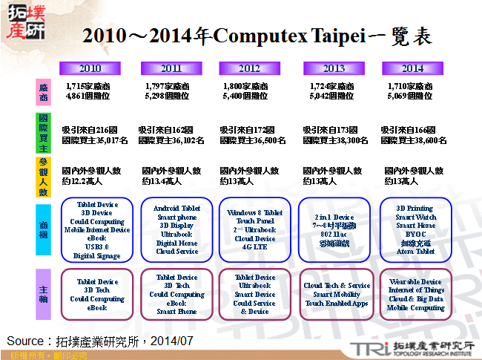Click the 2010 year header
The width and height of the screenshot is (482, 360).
pyautogui.click(x=90, y=68)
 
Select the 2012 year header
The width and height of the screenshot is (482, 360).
pyautogui.click(x=249, y=68)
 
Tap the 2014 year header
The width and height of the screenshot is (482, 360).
pyautogui.click(x=412, y=68)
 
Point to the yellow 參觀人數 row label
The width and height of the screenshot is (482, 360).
pyautogui.click(x=44, y=176)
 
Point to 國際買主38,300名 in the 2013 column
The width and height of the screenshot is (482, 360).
pyautogui.click(x=335, y=140)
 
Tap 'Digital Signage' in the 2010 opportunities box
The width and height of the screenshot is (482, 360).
pyautogui.click(x=97, y=256)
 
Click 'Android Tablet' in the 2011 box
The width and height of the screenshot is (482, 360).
pyautogui.click(x=176, y=209)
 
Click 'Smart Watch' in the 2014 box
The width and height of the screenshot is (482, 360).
pyautogui.click(x=416, y=217)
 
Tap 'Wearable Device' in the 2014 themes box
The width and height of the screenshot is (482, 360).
pyautogui.click(x=415, y=282)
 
